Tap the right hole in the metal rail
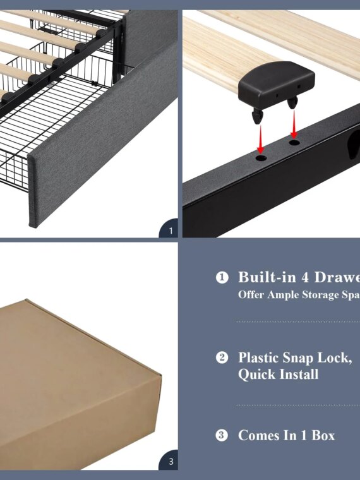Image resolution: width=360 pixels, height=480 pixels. coord(294,143)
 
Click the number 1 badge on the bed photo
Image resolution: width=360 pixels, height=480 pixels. coord(169,231)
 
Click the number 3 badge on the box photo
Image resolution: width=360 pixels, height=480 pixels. coord(170,462)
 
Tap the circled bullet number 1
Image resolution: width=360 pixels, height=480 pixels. coord(222,278)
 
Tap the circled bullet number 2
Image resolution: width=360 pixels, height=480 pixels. coord(222,358)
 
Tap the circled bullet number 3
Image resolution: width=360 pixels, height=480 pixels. coord(222,436)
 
